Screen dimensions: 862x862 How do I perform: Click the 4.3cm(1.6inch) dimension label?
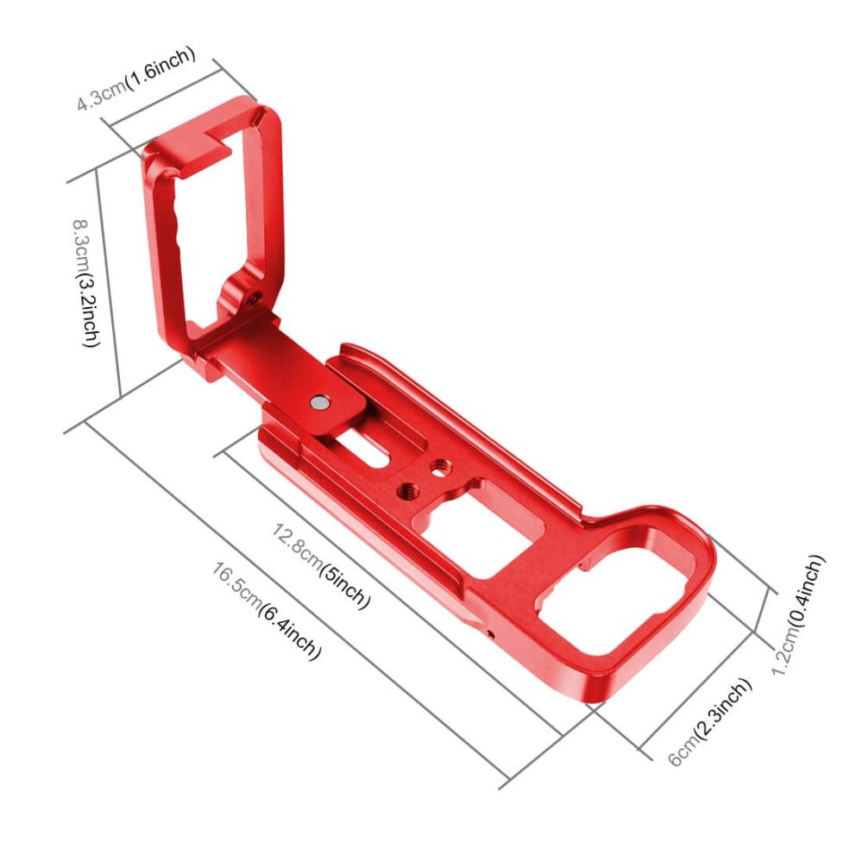[x=135, y=78]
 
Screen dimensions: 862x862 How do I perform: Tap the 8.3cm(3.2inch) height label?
[x=87, y=283]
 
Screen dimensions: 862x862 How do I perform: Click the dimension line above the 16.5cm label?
[x=293, y=604]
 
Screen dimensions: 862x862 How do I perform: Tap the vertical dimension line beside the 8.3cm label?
[x=107, y=285]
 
